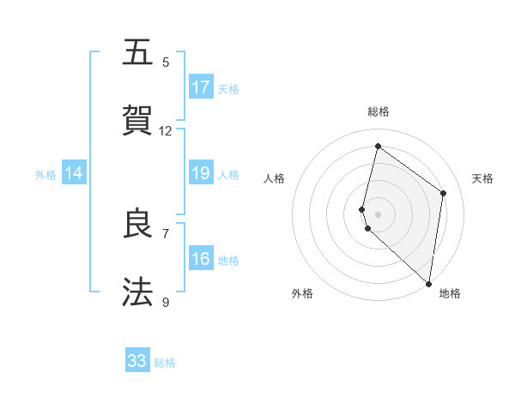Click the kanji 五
pyautogui.click(x=137, y=53)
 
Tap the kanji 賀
pyautogui.click(x=137, y=122)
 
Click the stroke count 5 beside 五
pyautogui.click(x=166, y=62)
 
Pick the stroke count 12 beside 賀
pyautogui.click(x=166, y=130)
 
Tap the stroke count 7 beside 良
pyautogui.click(x=166, y=233)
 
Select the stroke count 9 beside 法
pyautogui.click(x=166, y=302)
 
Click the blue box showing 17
pyautogui.click(x=201, y=87)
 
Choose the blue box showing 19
pyautogui.click(x=201, y=173)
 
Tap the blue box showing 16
pyautogui.click(x=201, y=259)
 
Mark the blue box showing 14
pyautogui.click(x=74, y=173)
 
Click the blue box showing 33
pyautogui.click(x=137, y=361)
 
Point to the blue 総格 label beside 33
pyautogui.click(x=165, y=363)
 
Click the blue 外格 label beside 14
pyautogui.click(x=45, y=175)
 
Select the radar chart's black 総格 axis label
pyautogui.click(x=378, y=112)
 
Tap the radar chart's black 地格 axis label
pyautogui.click(x=450, y=293)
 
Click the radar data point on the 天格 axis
pyautogui.click(x=444, y=193)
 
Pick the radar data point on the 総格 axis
pyautogui.click(x=378, y=146)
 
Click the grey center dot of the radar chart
pyautogui.click(x=378, y=214)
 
